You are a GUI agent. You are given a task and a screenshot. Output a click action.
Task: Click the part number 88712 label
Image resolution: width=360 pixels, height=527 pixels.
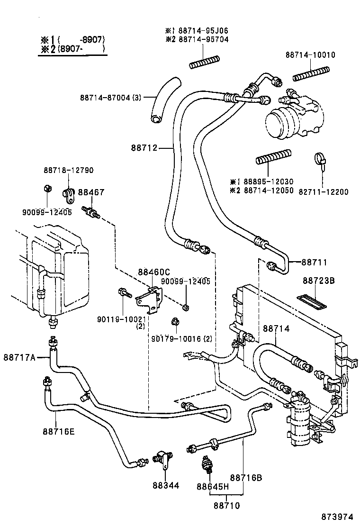click(144, 148)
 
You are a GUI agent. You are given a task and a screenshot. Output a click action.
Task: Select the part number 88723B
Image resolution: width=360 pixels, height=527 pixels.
click(318, 281)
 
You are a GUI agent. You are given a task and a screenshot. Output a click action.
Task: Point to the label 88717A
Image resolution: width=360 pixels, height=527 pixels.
click(20, 357)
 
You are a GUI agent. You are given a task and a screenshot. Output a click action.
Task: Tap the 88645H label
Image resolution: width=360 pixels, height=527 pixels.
click(213, 486)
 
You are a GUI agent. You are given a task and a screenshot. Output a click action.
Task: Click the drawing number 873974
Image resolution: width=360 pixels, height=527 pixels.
click(337, 516)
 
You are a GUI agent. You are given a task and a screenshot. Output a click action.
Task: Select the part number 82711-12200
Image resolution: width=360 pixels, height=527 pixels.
click(323, 192)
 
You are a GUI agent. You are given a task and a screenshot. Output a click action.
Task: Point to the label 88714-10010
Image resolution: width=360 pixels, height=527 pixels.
click(310, 55)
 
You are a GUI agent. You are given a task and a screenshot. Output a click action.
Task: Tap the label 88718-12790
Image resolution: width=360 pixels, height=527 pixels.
click(69, 170)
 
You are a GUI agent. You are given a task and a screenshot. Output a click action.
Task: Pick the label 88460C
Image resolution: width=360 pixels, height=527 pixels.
click(153, 272)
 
